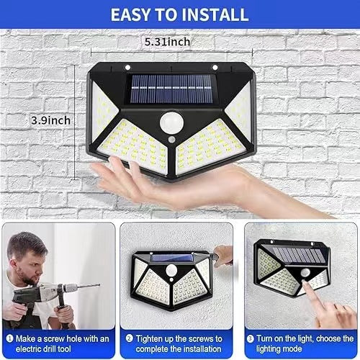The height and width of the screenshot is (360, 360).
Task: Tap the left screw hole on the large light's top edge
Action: (x=127, y=69)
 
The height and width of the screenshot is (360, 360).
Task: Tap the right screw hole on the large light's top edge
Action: (x=215, y=69)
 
